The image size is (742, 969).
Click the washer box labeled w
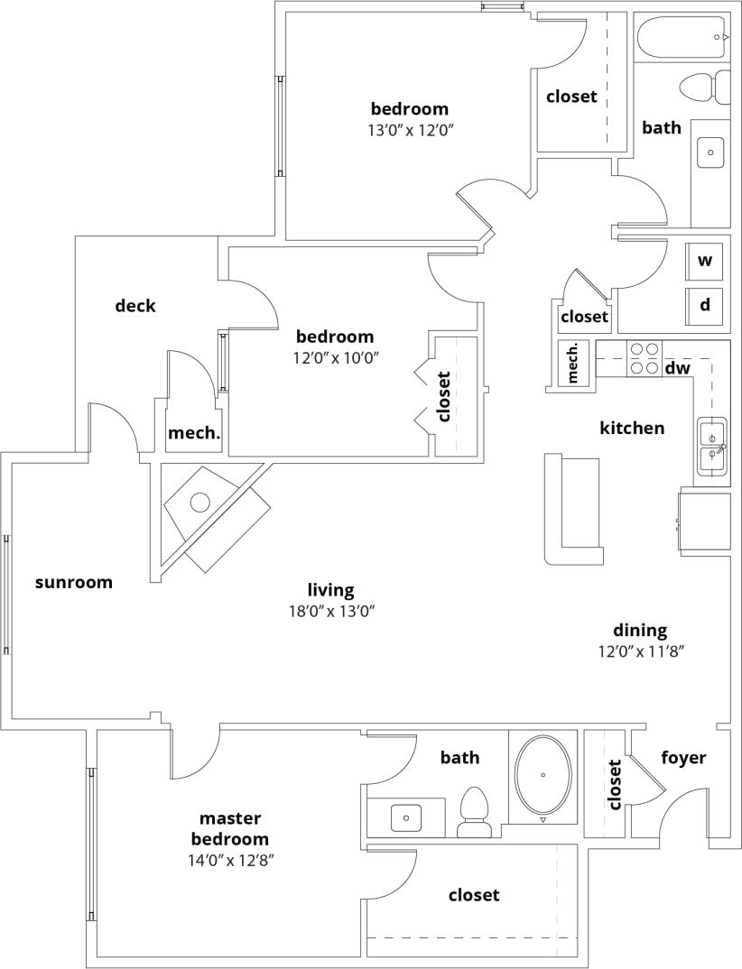coord(705,261)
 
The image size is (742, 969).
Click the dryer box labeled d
coord(705,305)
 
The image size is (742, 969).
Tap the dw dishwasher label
coord(677,368)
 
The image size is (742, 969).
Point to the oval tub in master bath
coord(543,773)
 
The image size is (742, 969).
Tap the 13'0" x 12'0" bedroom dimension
coord(409,130)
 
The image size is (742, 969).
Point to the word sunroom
coord(74,582)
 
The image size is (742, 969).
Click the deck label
coord(135,306)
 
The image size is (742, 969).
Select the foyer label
coord(683,758)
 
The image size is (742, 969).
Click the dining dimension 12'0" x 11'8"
coord(640,651)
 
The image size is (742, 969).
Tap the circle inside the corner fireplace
coord(199,502)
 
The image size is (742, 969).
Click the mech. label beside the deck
coord(194,433)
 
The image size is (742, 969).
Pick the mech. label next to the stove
coord(572,363)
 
